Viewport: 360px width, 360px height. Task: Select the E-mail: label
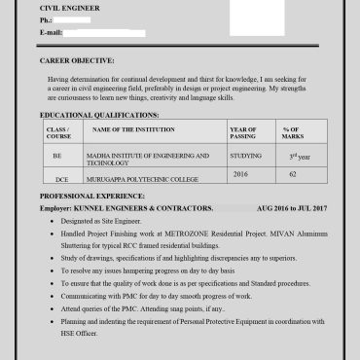click(x=53, y=32)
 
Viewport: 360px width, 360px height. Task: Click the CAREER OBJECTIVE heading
click(x=77, y=60)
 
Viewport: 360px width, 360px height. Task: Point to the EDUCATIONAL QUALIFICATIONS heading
click(x=99, y=115)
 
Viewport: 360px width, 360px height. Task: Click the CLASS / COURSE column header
click(x=58, y=132)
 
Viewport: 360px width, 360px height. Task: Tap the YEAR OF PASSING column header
click(x=243, y=132)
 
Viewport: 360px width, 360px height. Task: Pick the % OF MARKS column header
click(x=292, y=132)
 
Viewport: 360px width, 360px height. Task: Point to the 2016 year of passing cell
click(x=241, y=173)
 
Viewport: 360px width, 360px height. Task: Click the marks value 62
click(x=292, y=173)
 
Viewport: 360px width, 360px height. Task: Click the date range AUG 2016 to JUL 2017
click(x=292, y=208)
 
